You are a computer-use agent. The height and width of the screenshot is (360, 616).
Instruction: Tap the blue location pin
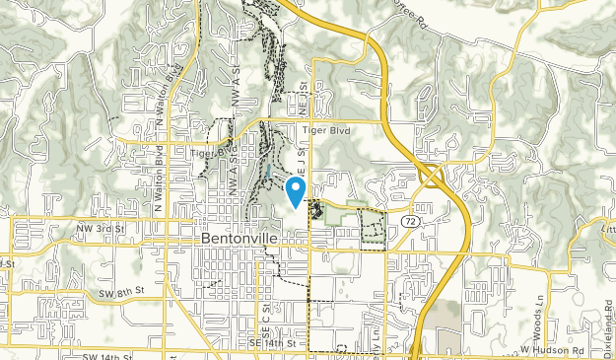295,189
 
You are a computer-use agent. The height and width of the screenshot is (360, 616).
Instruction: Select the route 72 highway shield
407,225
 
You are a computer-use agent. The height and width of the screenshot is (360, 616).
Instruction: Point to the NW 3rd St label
102,229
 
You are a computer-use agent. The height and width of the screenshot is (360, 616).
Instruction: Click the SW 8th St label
125,291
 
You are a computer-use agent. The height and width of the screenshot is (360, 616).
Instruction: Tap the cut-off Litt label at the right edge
607,227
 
